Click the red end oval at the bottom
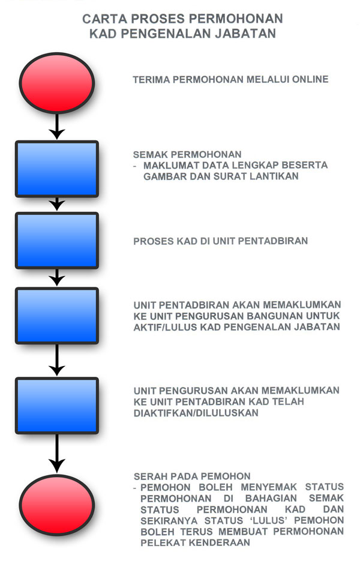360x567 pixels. click(57, 503)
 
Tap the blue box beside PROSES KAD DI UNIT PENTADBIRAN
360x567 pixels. click(57, 241)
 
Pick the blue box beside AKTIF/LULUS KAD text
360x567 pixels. click(57, 315)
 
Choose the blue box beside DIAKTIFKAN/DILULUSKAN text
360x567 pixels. click(57, 404)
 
